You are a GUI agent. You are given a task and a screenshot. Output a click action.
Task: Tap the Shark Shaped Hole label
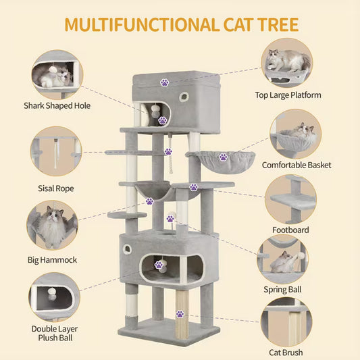(57, 105)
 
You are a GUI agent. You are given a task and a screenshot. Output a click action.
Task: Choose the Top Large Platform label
(288, 95)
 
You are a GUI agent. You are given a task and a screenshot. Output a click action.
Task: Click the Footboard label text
(290, 230)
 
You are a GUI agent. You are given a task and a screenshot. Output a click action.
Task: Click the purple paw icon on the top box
(164, 82)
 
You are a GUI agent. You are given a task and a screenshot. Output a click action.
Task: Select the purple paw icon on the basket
(223, 157)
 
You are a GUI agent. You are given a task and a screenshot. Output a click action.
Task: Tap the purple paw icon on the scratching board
(180, 313)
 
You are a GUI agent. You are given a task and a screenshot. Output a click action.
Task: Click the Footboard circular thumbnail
(290, 200)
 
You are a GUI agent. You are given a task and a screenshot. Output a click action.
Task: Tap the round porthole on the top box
(182, 97)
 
